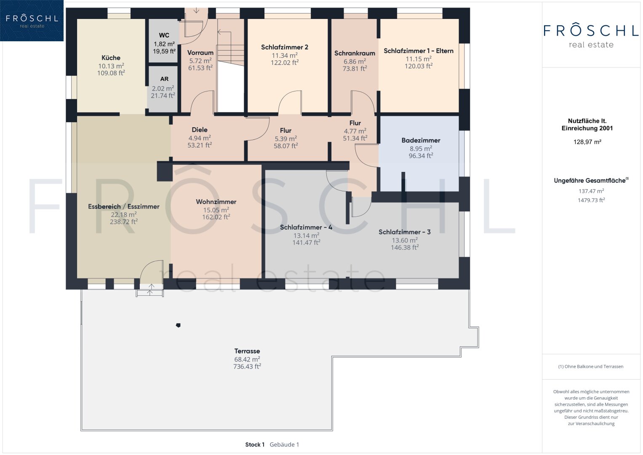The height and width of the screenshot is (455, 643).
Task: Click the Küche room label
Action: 111,58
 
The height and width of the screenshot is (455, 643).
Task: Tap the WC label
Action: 164,35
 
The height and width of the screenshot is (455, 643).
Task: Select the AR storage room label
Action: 164,79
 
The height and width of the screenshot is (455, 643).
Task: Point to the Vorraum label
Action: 200,53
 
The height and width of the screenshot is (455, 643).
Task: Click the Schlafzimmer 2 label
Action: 285,47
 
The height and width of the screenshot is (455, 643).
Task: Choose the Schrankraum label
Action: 355,53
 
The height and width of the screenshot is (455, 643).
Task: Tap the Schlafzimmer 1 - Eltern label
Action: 419,51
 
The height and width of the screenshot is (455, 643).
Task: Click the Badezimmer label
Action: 421,140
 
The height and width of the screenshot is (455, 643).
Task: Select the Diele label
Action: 200,130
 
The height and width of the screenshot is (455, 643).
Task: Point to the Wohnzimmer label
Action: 216,202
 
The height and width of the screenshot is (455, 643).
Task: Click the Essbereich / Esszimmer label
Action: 124,206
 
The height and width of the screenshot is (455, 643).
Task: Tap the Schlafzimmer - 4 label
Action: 306,227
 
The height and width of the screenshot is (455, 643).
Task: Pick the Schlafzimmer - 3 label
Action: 405,232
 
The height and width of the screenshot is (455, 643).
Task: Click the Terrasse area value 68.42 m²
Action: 247,359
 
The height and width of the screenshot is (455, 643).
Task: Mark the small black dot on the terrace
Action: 178,325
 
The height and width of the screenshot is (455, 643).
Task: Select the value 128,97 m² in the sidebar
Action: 587,142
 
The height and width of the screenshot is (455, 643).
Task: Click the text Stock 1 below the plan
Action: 255,444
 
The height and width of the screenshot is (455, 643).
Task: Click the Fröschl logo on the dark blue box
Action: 32,21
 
